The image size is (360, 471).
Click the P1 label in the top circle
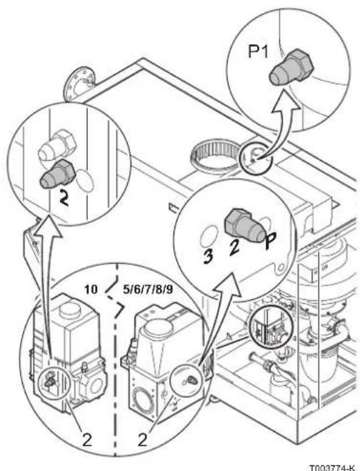pyautogui.click(x=258, y=51)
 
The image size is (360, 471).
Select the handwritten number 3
pyautogui.click(x=208, y=256)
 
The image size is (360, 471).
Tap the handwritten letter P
pyautogui.click(x=271, y=241)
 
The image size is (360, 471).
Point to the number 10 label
pyautogui.click(x=91, y=289)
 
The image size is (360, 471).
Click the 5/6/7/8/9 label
pyautogui.click(x=148, y=289)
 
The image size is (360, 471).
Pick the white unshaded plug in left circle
pyautogui.click(x=58, y=146)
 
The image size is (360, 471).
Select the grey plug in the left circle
pyautogui.click(x=57, y=174)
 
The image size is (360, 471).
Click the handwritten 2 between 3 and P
pyautogui.click(x=234, y=248)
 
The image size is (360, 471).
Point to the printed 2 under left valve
pyautogui.click(x=86, y=440)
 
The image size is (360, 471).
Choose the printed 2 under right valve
pyautogui.click(x=142, y=440)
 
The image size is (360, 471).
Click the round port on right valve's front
pyautogui.click(x=143, y=400)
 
